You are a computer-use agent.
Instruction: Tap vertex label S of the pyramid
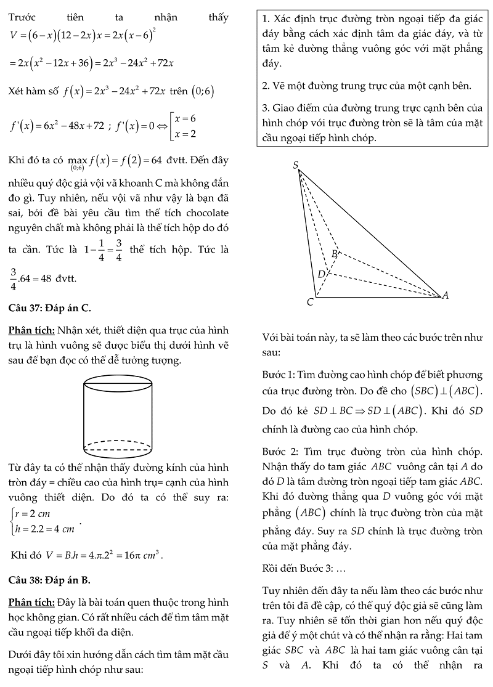click(x=296, y=165)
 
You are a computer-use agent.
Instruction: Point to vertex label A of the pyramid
click(x=446, y=295)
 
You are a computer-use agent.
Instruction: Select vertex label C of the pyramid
click(x=310, y=302)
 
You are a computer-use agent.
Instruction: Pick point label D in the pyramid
click(x=321, y=274)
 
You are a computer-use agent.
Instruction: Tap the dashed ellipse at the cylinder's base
click(x=118, y=445)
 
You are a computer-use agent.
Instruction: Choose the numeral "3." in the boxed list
click(x=266, y=108)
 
